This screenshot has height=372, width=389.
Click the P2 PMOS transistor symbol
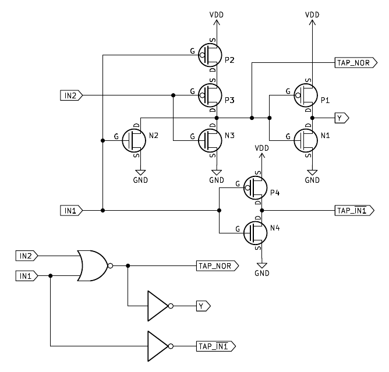point(211,56)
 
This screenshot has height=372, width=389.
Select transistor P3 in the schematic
point(211,93)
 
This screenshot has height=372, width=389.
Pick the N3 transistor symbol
point(211,139)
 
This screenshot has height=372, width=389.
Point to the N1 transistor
point(306,139)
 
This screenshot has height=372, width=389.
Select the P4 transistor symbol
point(256,187)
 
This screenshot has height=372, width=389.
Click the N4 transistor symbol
point(256,232)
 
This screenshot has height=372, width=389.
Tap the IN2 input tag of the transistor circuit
point(72,94)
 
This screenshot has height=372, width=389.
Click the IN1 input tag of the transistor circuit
point(72,210)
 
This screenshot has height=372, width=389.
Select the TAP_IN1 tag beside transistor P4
point(352,210)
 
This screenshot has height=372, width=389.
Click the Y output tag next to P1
point(342,118)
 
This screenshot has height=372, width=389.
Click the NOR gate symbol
point(93,265)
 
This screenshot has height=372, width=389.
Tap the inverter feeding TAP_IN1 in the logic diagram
point(159,346)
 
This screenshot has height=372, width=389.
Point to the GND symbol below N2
point(140,174)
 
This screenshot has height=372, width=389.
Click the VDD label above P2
point(217,14)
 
